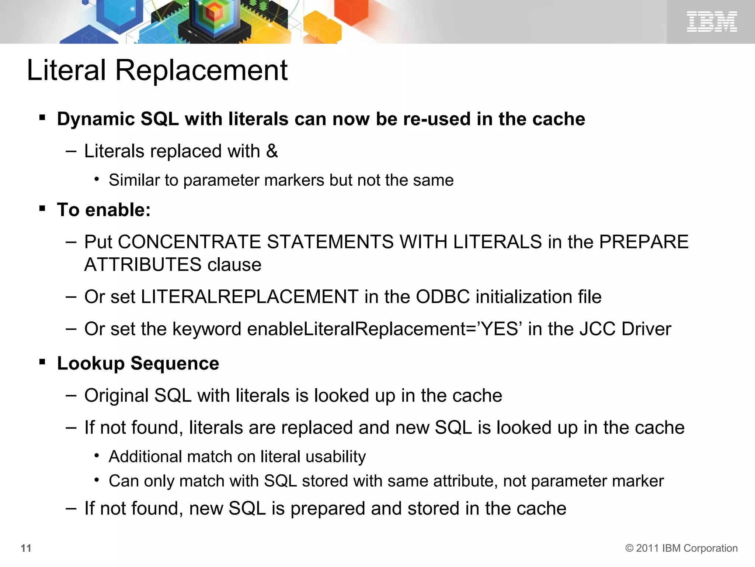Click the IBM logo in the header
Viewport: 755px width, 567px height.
point(711,21)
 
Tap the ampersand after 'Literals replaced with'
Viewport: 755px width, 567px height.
point(272,151)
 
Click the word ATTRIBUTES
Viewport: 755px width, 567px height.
point(143,265)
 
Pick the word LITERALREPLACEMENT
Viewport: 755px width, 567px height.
point(250,297)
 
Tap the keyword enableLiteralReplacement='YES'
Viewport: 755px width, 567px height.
point(385,329)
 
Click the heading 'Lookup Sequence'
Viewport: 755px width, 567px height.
point(138,363)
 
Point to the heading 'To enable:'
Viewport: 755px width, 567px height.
point(104,210)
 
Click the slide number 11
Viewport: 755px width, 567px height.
point(26,548)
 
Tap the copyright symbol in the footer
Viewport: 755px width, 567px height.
point(629,548)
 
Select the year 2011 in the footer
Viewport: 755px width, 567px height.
point(647,548)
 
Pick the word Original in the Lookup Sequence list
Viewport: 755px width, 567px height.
point(116,396)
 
